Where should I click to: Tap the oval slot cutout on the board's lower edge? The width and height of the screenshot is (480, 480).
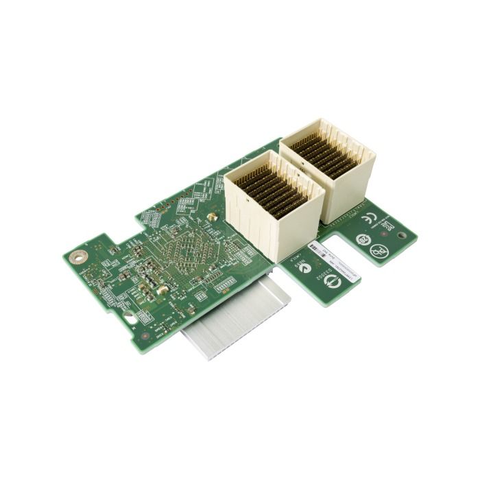click(x=130, y=317)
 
